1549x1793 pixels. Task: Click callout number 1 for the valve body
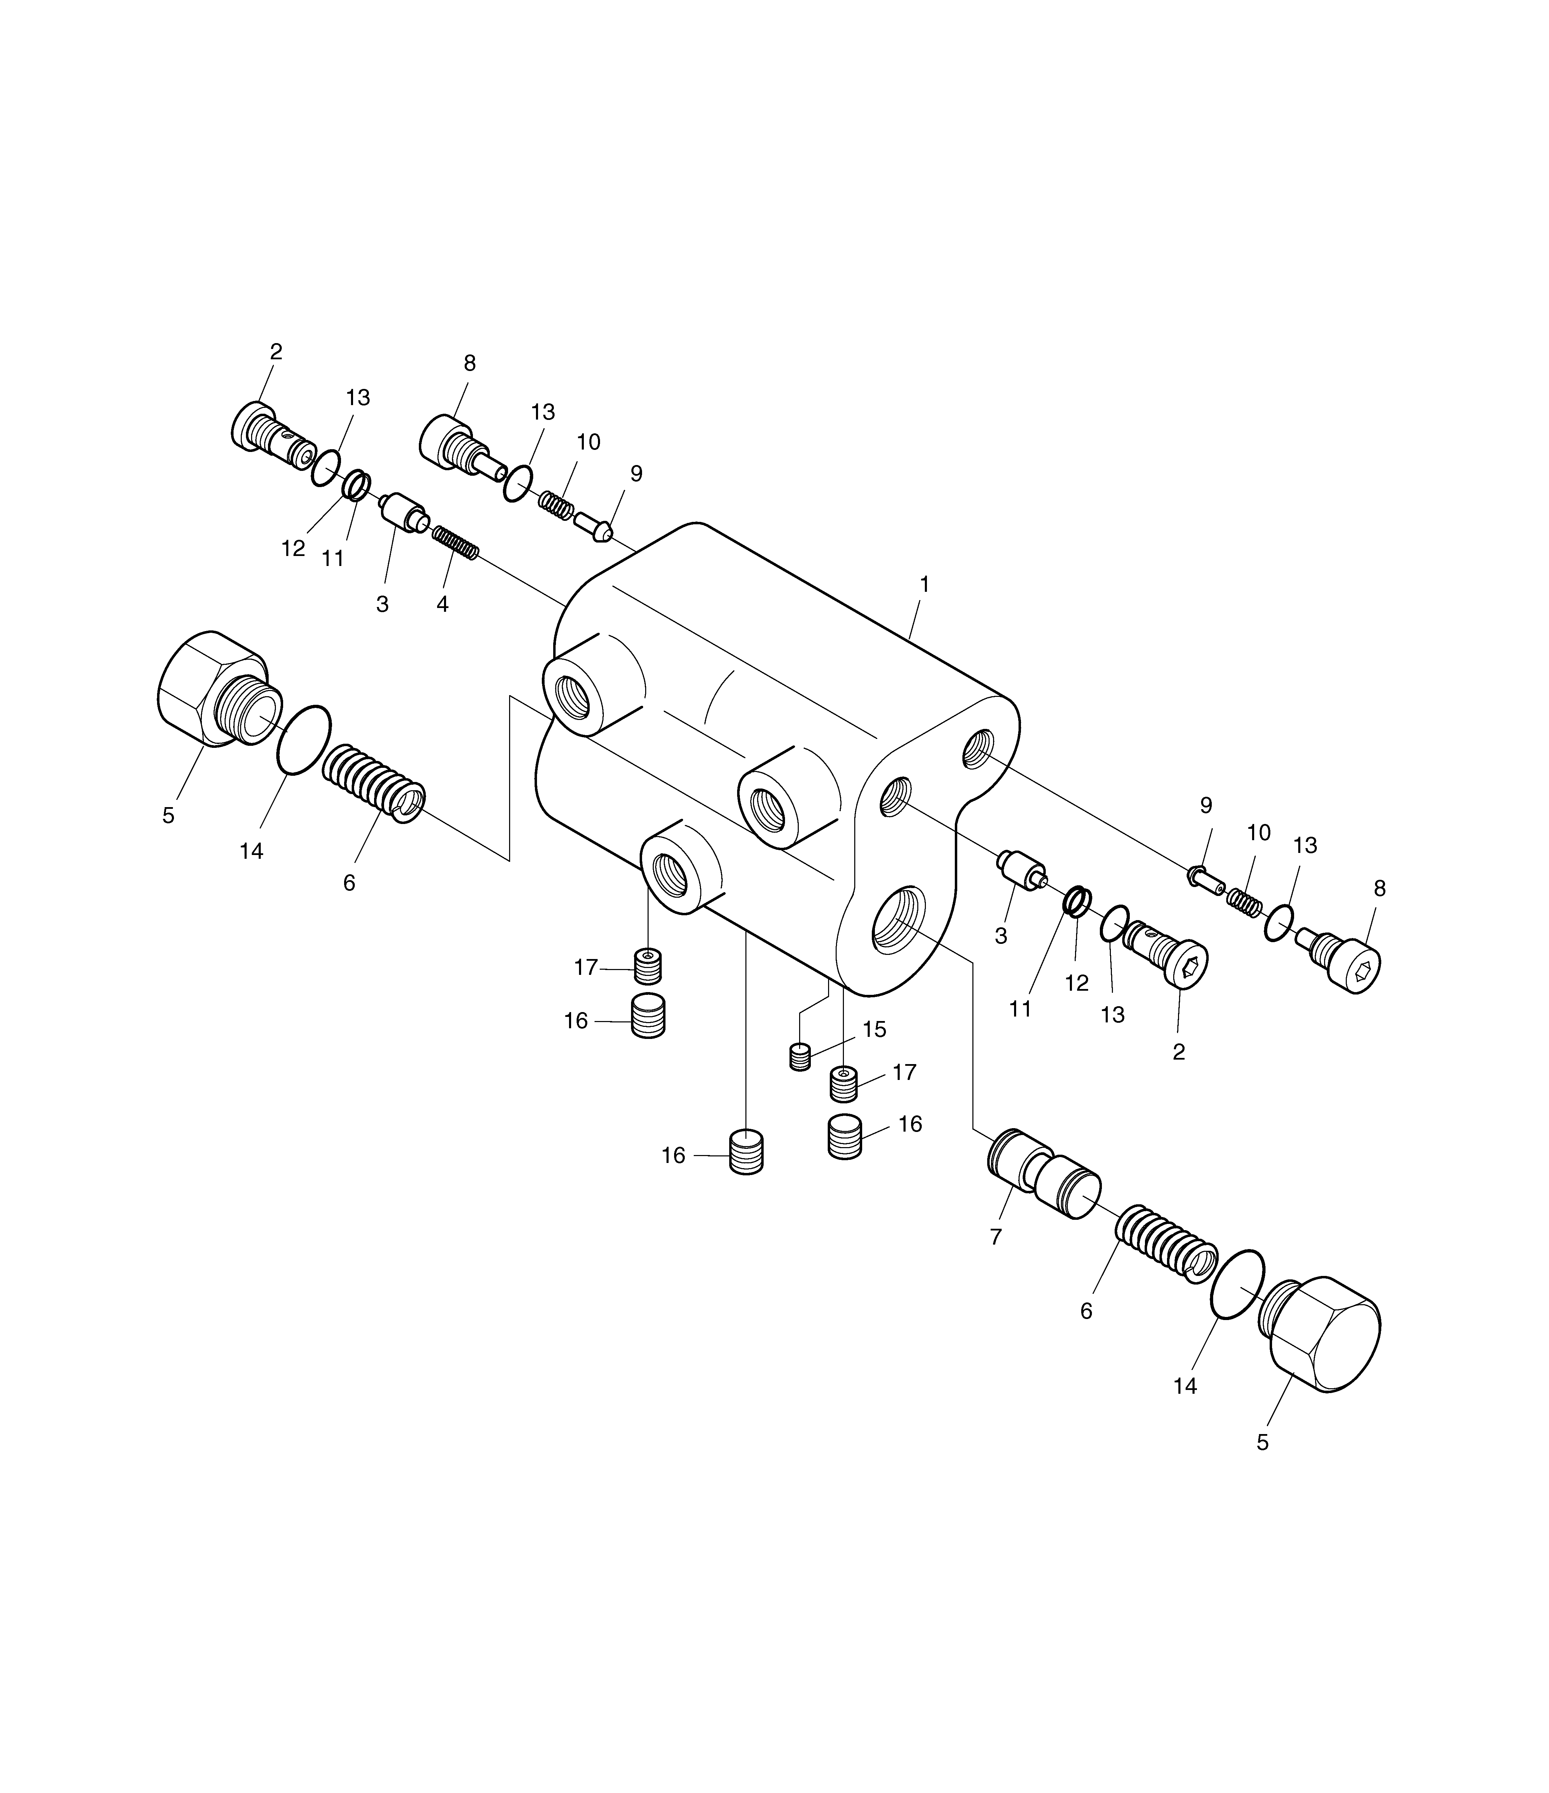pyautogui.click(x=924, y=585)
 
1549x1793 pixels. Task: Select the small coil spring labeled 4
pyautogui.click(x=455, y=543)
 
